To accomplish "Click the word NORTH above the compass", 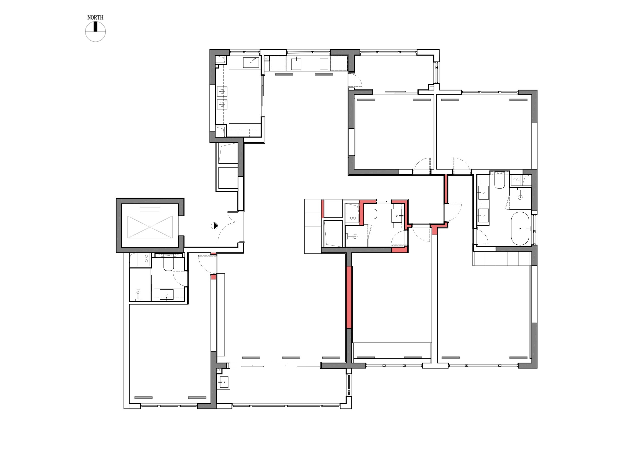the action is tap(95, 18).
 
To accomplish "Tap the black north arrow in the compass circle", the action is tap(95, 27).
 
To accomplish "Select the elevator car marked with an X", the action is tap(150, 227).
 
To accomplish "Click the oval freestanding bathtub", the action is tap(520, 228).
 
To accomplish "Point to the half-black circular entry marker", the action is tap(214, 226).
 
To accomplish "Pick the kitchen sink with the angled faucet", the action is tap(251, 63).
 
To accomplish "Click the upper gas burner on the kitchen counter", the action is tap(222, 91).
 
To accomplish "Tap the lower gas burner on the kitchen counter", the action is tap(222, 104).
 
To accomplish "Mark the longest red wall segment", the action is tap(349, 297).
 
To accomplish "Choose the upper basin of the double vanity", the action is tap(483, 192).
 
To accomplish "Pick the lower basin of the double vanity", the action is tap(483, 215).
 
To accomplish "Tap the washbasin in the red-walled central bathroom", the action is tap(397, 216).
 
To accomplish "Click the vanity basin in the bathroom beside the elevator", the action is tap(166, 294).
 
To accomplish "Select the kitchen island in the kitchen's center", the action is tap(245, 96).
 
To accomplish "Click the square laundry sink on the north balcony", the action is tap(296, 64).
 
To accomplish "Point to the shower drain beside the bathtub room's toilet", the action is tap(520, 197).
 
